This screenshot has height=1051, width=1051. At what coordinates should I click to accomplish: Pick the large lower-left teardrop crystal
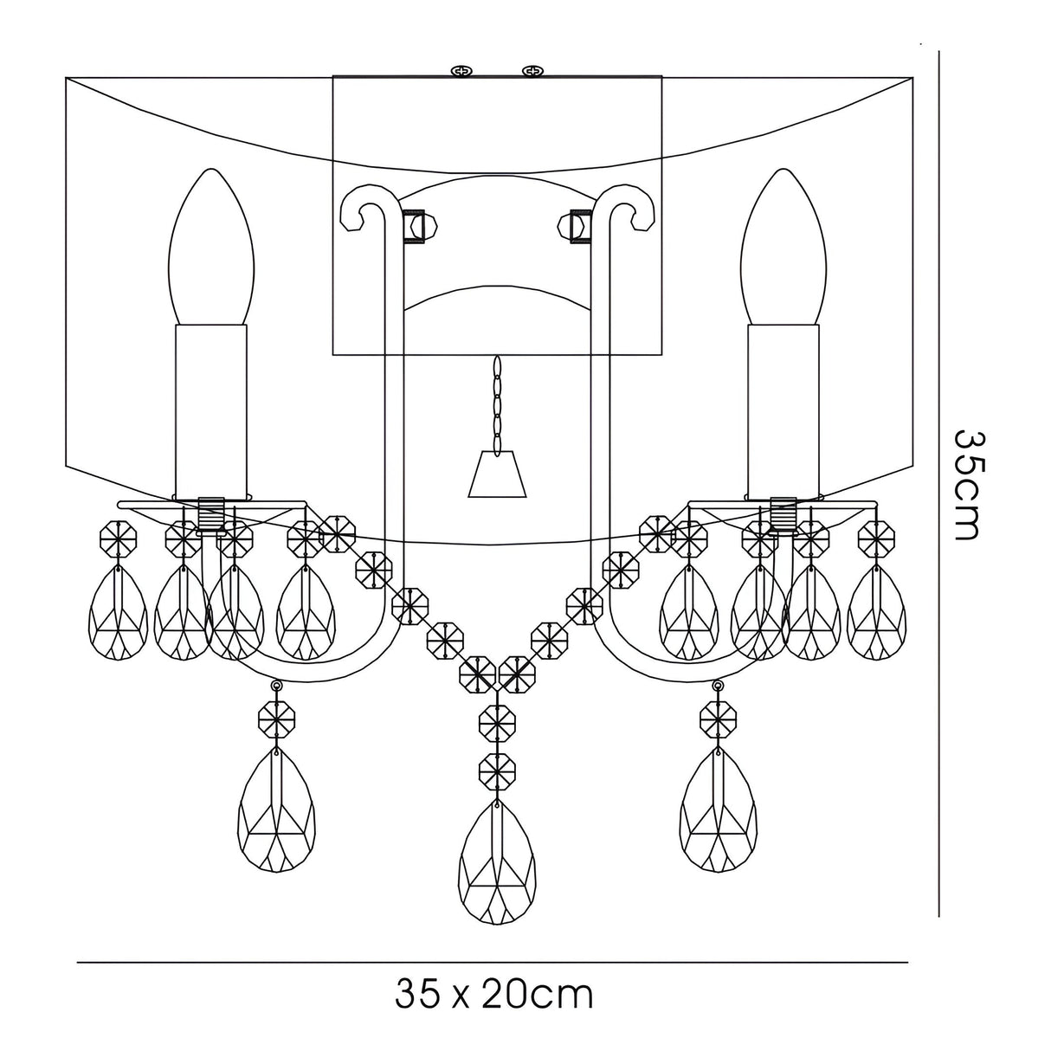277,809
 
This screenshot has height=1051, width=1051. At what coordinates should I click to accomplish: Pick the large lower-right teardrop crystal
718,809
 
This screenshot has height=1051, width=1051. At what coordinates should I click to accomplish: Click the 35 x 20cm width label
494,995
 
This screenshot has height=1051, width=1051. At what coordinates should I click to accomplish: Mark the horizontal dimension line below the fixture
493,962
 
